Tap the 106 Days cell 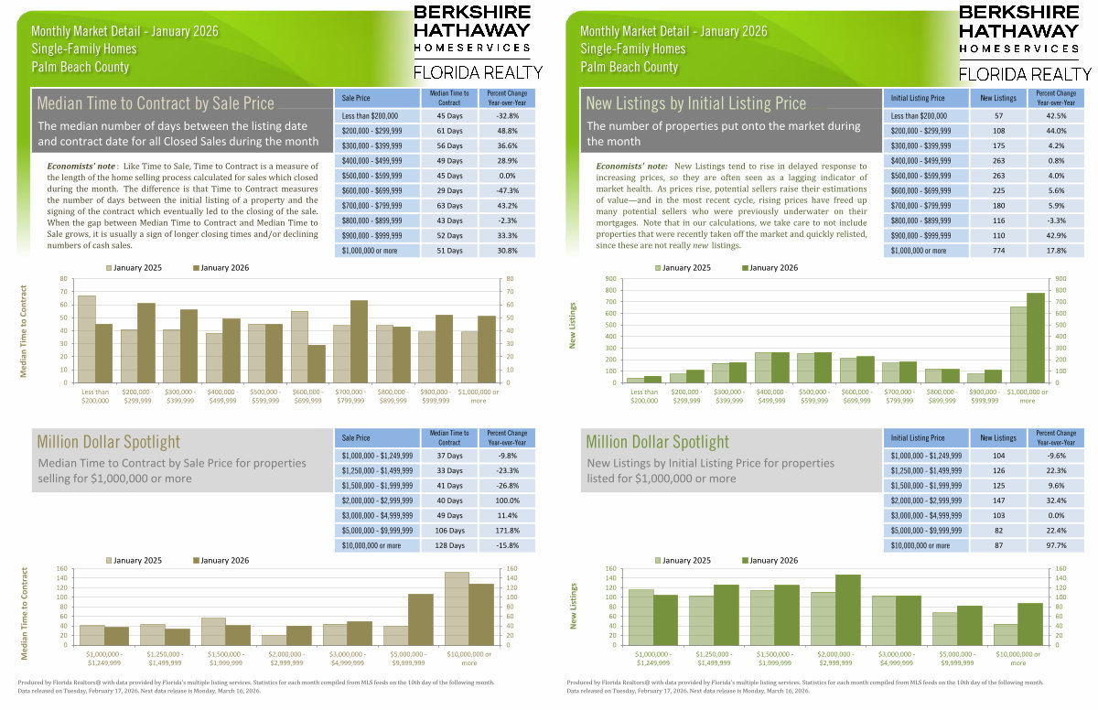point(449,530)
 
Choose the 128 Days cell point(449,545)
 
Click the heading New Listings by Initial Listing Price point(695,103)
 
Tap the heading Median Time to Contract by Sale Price point(155,103)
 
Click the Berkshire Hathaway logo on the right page point(1024,41)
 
